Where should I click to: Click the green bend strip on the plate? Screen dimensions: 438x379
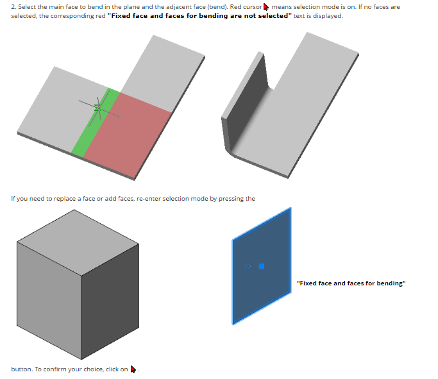click(x=96, y=122)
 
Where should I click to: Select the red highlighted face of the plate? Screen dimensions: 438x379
click(x=127, y=134)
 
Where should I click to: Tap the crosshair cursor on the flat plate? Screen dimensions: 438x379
click(x=99, y=108)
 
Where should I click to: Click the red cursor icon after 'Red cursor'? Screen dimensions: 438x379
click(x=266, y=7)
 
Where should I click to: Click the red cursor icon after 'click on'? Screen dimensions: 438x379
click(x=133, y=369)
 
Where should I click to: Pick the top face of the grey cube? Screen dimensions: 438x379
click(x=78, y=242)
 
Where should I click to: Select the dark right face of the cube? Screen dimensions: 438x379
click(x=110, y=301)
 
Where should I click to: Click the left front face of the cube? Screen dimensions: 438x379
click(x=49, y=300)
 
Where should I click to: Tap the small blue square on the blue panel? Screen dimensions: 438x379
click(x=262, y=266)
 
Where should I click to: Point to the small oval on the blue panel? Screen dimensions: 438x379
click(x=248, y=266)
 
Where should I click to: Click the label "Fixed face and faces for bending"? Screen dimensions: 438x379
click(x=351, y=283)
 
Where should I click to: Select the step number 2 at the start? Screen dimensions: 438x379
click(x=13, y=7)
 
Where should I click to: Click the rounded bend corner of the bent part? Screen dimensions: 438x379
click(x=230, y=149)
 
